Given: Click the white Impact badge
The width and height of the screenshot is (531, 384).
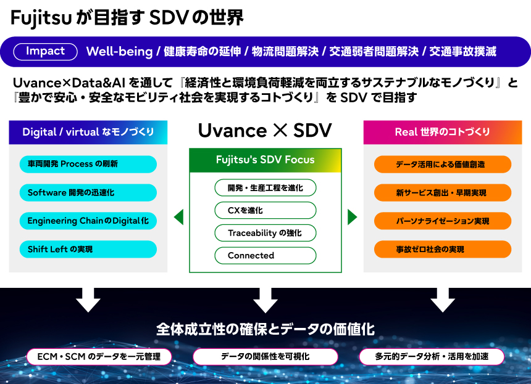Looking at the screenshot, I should point(45,51).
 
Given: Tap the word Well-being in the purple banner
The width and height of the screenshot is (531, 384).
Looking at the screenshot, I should point(119,52).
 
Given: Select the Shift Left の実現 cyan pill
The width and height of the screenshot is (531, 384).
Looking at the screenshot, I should point(88,249).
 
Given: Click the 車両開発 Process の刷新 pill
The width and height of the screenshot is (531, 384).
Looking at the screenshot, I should point(88,164).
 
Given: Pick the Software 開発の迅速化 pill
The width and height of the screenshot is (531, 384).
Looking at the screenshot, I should point(88,192).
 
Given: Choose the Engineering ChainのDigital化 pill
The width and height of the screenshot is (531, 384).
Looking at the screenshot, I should point(88,221).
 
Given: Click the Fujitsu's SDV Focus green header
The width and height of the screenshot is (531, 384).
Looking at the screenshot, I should point(265,160).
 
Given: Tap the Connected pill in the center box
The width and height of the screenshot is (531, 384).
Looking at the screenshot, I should point(265,255).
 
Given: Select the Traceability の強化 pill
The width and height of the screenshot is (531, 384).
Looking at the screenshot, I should point(265,233).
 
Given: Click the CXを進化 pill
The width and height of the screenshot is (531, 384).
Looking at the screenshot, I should point(265,210).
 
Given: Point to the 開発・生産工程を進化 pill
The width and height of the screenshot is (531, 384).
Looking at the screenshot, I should point(265,187).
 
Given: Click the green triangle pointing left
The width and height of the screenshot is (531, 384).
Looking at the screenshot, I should point(179,217).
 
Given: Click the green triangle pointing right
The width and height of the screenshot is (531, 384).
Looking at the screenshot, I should point(352,217).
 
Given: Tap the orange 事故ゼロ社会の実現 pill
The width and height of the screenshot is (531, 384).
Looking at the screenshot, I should point(442,249).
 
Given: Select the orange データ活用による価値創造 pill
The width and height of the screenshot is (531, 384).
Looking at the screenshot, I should point(442,164).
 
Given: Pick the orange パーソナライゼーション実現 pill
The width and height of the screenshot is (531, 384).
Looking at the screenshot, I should point(442,221).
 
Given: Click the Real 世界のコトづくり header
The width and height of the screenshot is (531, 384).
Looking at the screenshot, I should point(442,132).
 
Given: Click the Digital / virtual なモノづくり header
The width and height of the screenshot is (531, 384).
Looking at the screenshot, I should point(88,132).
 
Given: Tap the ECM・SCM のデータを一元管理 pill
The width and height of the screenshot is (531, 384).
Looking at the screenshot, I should point(99,356).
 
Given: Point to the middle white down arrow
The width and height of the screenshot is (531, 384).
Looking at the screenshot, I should point(265,300).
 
